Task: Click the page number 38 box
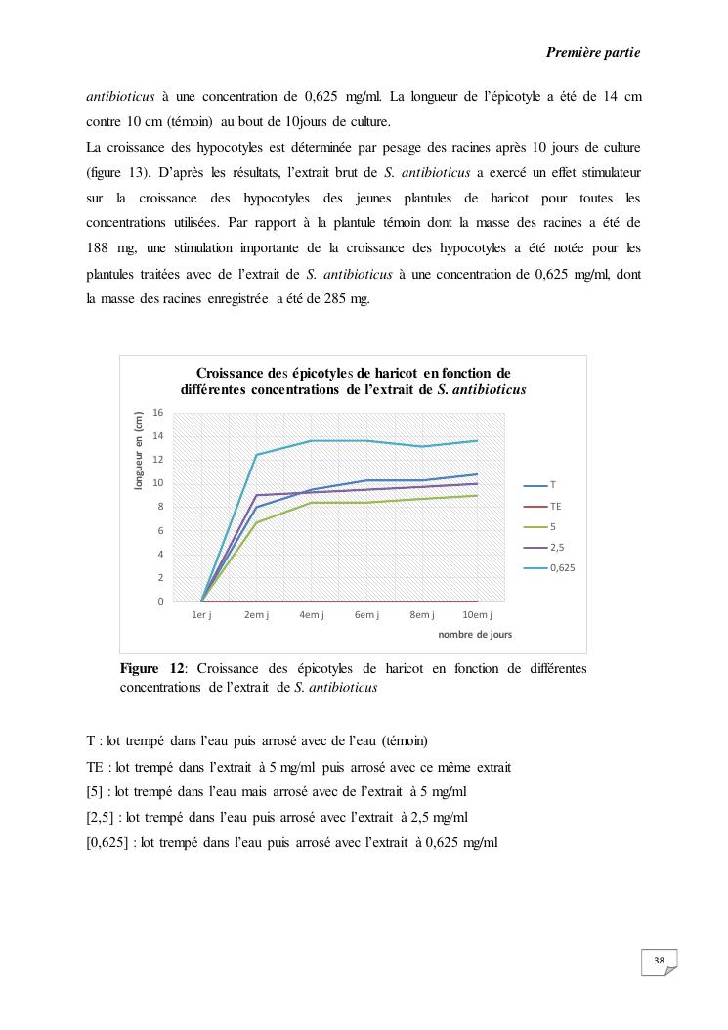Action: pyautogui.click(x=660, y=962)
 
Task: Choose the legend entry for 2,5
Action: pyautogui.click(x=548, y=548)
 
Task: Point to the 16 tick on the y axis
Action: pyautogui.click(x=158, y=412)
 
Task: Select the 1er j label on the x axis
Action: pyautogui.click(x=201, y=615)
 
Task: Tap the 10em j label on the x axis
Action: pyautogui.click(x=477, y=615)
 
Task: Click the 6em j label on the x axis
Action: pyautogui.click(x=366, y=615)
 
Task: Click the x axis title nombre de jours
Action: pyautogui.click(x=475, y=634)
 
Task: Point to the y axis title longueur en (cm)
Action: pyautogui.click(x=139, y=450)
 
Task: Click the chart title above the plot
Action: pyautogui.click(x=354, y=381)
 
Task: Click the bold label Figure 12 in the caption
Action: pyautogui.click(x=152, y=669)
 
